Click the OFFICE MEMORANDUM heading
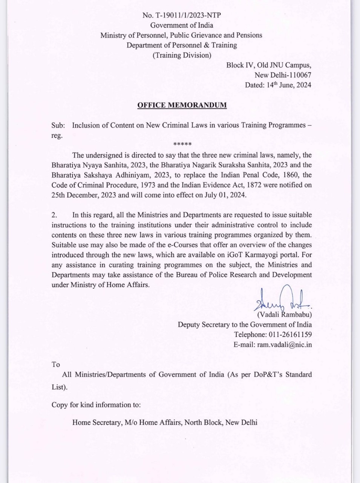[182, 105]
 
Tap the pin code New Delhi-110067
[283, 75]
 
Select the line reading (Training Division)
[182, 55]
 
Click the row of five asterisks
[182, 145]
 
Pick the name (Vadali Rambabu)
[284, 314]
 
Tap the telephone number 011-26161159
[290, 334]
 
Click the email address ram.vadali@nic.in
[284, 345]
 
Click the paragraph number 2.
[54, 215]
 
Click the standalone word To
[56, 365]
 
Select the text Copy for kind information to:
[96, 405]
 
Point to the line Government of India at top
[182, 25]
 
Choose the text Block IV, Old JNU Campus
[268, 65]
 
